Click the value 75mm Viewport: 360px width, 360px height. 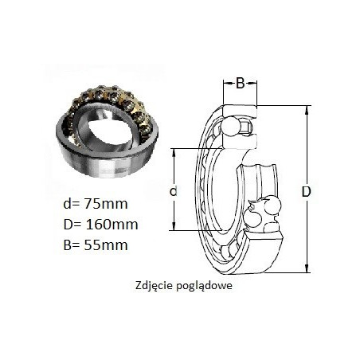coord(106,204)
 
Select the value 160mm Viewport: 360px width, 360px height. coord(112,225)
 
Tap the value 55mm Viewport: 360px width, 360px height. coord(106,245)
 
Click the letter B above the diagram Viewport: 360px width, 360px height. coord(240,84)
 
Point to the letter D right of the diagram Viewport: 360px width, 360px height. coord(306,191)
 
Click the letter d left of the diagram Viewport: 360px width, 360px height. coord(173,191)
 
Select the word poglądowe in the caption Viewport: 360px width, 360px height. coord(204,286)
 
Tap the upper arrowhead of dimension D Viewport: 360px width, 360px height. coord(307,110)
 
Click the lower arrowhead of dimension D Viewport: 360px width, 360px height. coord(307,268)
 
